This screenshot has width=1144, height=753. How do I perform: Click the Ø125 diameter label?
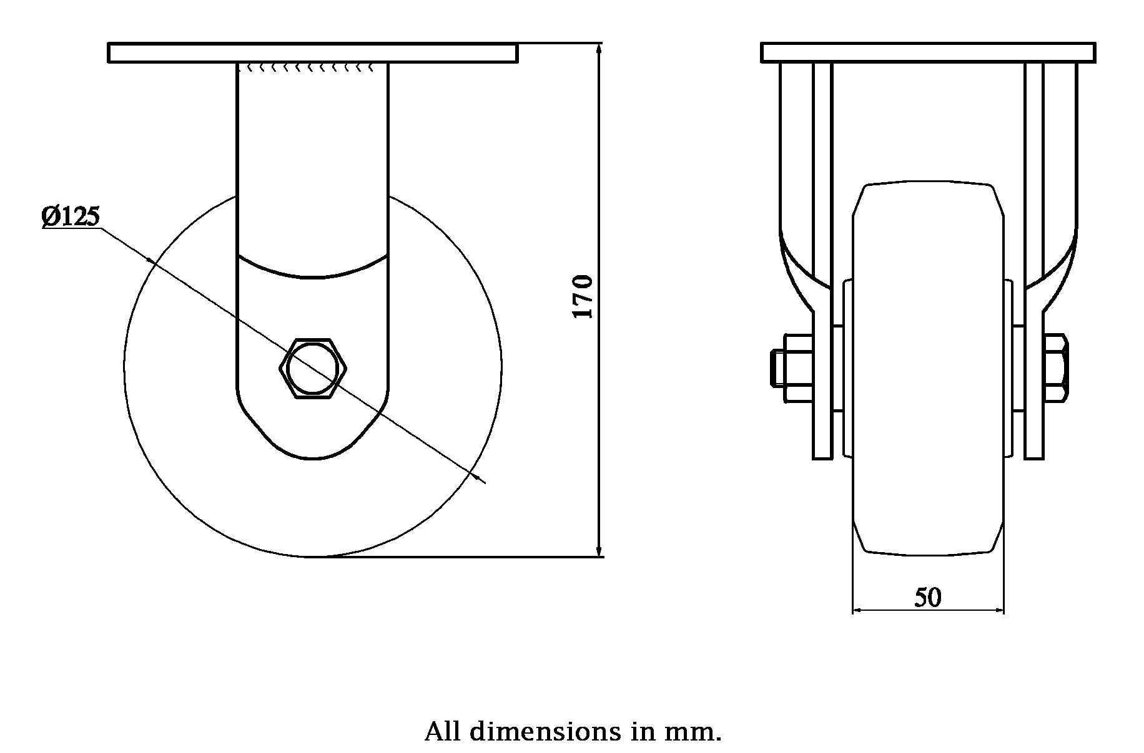click(71, 216)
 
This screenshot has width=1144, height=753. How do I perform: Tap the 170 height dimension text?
click(583, 297)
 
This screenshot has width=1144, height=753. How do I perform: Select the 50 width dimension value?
click(928, 598)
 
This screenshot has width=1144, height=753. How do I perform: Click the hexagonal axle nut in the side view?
click(312, 368)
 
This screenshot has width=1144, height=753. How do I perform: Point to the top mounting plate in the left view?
click(312, 53)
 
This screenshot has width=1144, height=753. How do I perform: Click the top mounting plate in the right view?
click(928, 53)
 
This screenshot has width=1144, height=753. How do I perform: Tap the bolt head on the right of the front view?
click(1055, 368)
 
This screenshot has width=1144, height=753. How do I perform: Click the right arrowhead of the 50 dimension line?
click(999, 610)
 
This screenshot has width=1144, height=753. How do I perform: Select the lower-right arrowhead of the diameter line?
click(480, 479)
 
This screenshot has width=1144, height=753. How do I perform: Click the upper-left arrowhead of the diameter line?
click(150, 260)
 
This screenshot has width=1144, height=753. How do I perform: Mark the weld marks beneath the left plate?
click(312, 67)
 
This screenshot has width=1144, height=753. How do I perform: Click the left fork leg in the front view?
click(822, 262)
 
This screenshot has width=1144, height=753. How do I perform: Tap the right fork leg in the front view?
click(1034, 262)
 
